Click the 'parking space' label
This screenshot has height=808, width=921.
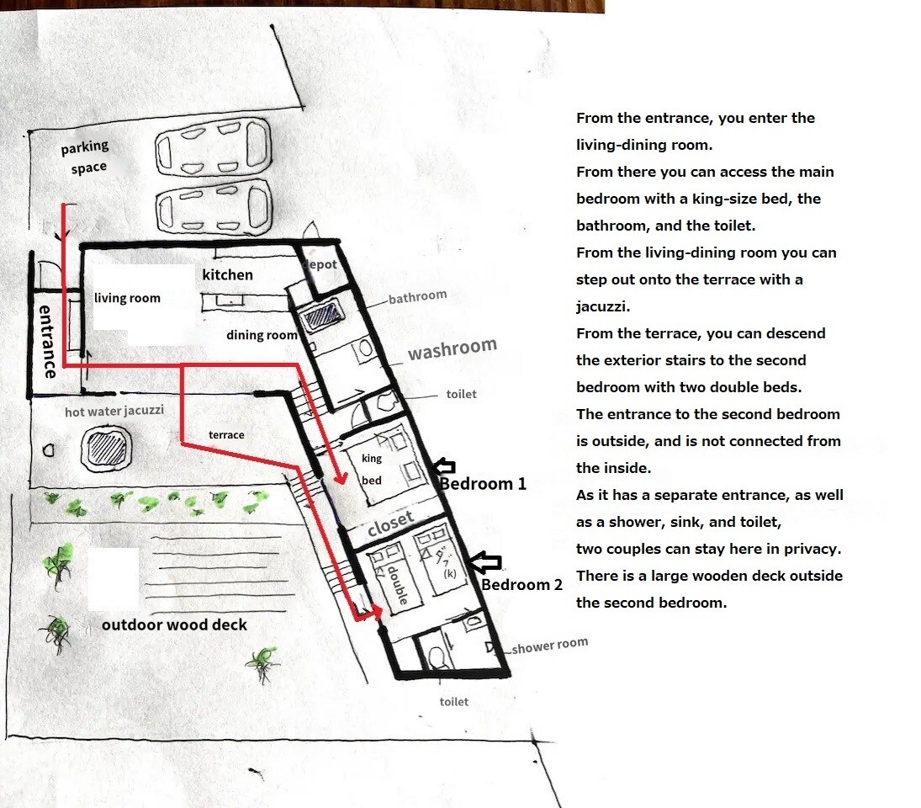point(85,157)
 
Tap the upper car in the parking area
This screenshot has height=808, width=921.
point(213,147)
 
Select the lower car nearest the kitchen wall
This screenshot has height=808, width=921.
point(214,207)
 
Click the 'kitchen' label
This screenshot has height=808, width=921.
point(227,274)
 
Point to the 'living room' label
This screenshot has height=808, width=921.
point(127,298)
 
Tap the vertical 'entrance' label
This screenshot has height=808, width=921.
point(47,341)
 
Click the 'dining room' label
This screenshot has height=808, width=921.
point(262,335)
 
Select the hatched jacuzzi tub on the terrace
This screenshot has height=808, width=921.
point(106,448)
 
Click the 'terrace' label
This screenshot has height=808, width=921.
point(226,435)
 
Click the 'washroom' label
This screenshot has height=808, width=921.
point(453,348)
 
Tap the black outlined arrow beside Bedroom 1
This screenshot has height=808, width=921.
point(444,466)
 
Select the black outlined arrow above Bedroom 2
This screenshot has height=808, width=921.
point(486,562)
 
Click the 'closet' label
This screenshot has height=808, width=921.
point(390,524)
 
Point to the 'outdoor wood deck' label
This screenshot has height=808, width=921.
point(174,625)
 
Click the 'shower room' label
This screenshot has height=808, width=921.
point(550,646)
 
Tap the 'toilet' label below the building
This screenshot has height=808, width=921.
point(454,702)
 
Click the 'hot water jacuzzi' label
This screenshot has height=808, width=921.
point(114,412)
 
